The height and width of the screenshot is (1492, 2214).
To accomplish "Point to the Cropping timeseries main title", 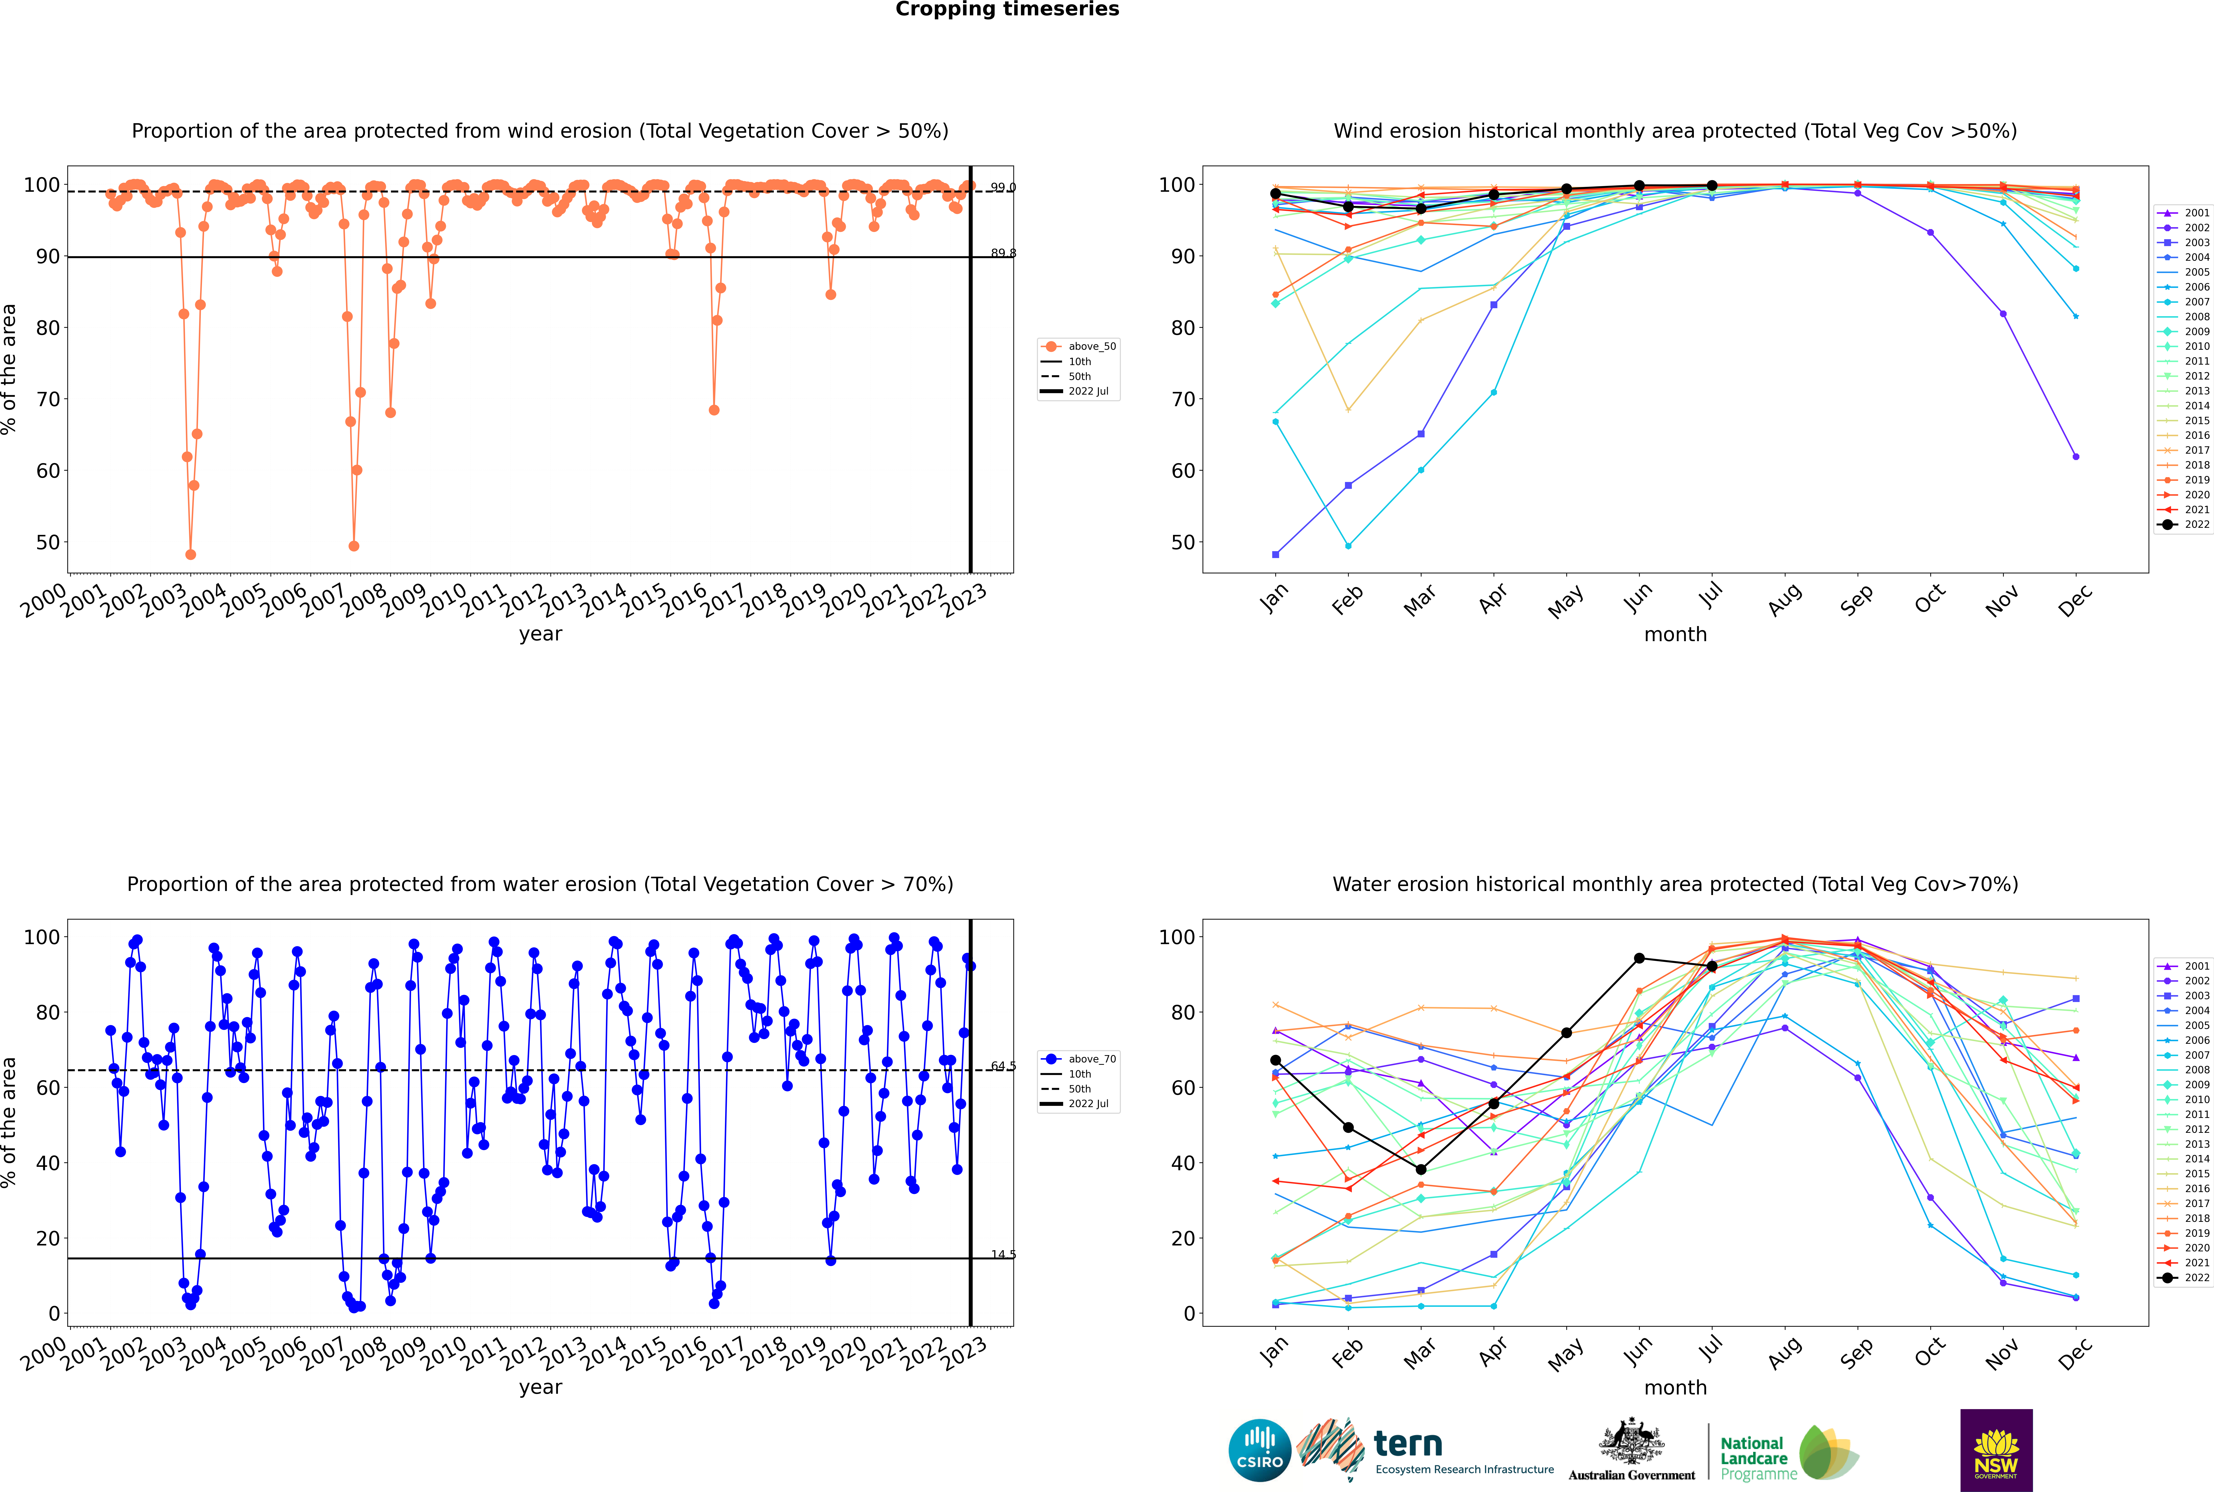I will click(1007, 9).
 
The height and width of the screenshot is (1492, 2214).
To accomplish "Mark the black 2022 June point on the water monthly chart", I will click(1639, 958).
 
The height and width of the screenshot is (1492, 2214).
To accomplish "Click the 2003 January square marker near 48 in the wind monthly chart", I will click(1276, 554).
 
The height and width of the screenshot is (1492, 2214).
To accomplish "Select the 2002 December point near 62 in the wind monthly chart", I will click(2076, 457).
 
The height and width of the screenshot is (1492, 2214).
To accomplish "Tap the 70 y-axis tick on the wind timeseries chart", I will click(47, 399).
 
